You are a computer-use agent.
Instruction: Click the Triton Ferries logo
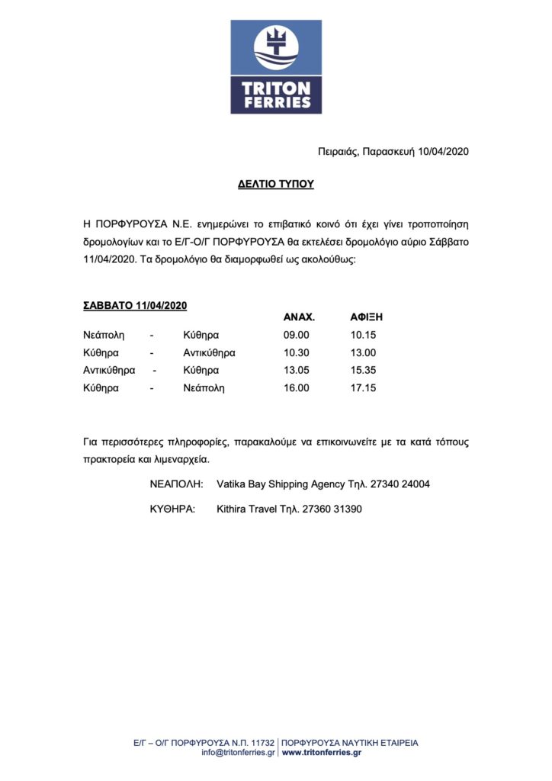point(276,67)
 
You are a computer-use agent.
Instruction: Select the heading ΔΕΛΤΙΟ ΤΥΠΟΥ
point(275,185)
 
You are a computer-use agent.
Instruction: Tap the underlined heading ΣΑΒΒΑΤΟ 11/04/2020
point(135,305)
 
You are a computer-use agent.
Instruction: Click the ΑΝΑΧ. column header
point(299,317)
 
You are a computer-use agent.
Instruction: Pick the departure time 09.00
point(296,335)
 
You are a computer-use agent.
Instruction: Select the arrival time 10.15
point(363,335)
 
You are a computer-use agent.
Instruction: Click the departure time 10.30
point(296,352)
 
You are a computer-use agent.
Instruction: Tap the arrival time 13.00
point(363,352)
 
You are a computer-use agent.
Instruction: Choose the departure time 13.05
point(296,370)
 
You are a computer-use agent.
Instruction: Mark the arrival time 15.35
point(363,370)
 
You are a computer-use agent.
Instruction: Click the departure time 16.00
point(296,387)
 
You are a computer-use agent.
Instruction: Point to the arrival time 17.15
point(363,387)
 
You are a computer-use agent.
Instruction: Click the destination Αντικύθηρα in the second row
point(209,352)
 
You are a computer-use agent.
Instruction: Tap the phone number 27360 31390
point(332,509)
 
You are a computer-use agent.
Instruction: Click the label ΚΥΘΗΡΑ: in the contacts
point(173,509)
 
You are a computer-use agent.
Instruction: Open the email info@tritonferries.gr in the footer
point(238,752)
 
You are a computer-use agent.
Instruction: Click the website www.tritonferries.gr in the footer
point(321,752)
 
